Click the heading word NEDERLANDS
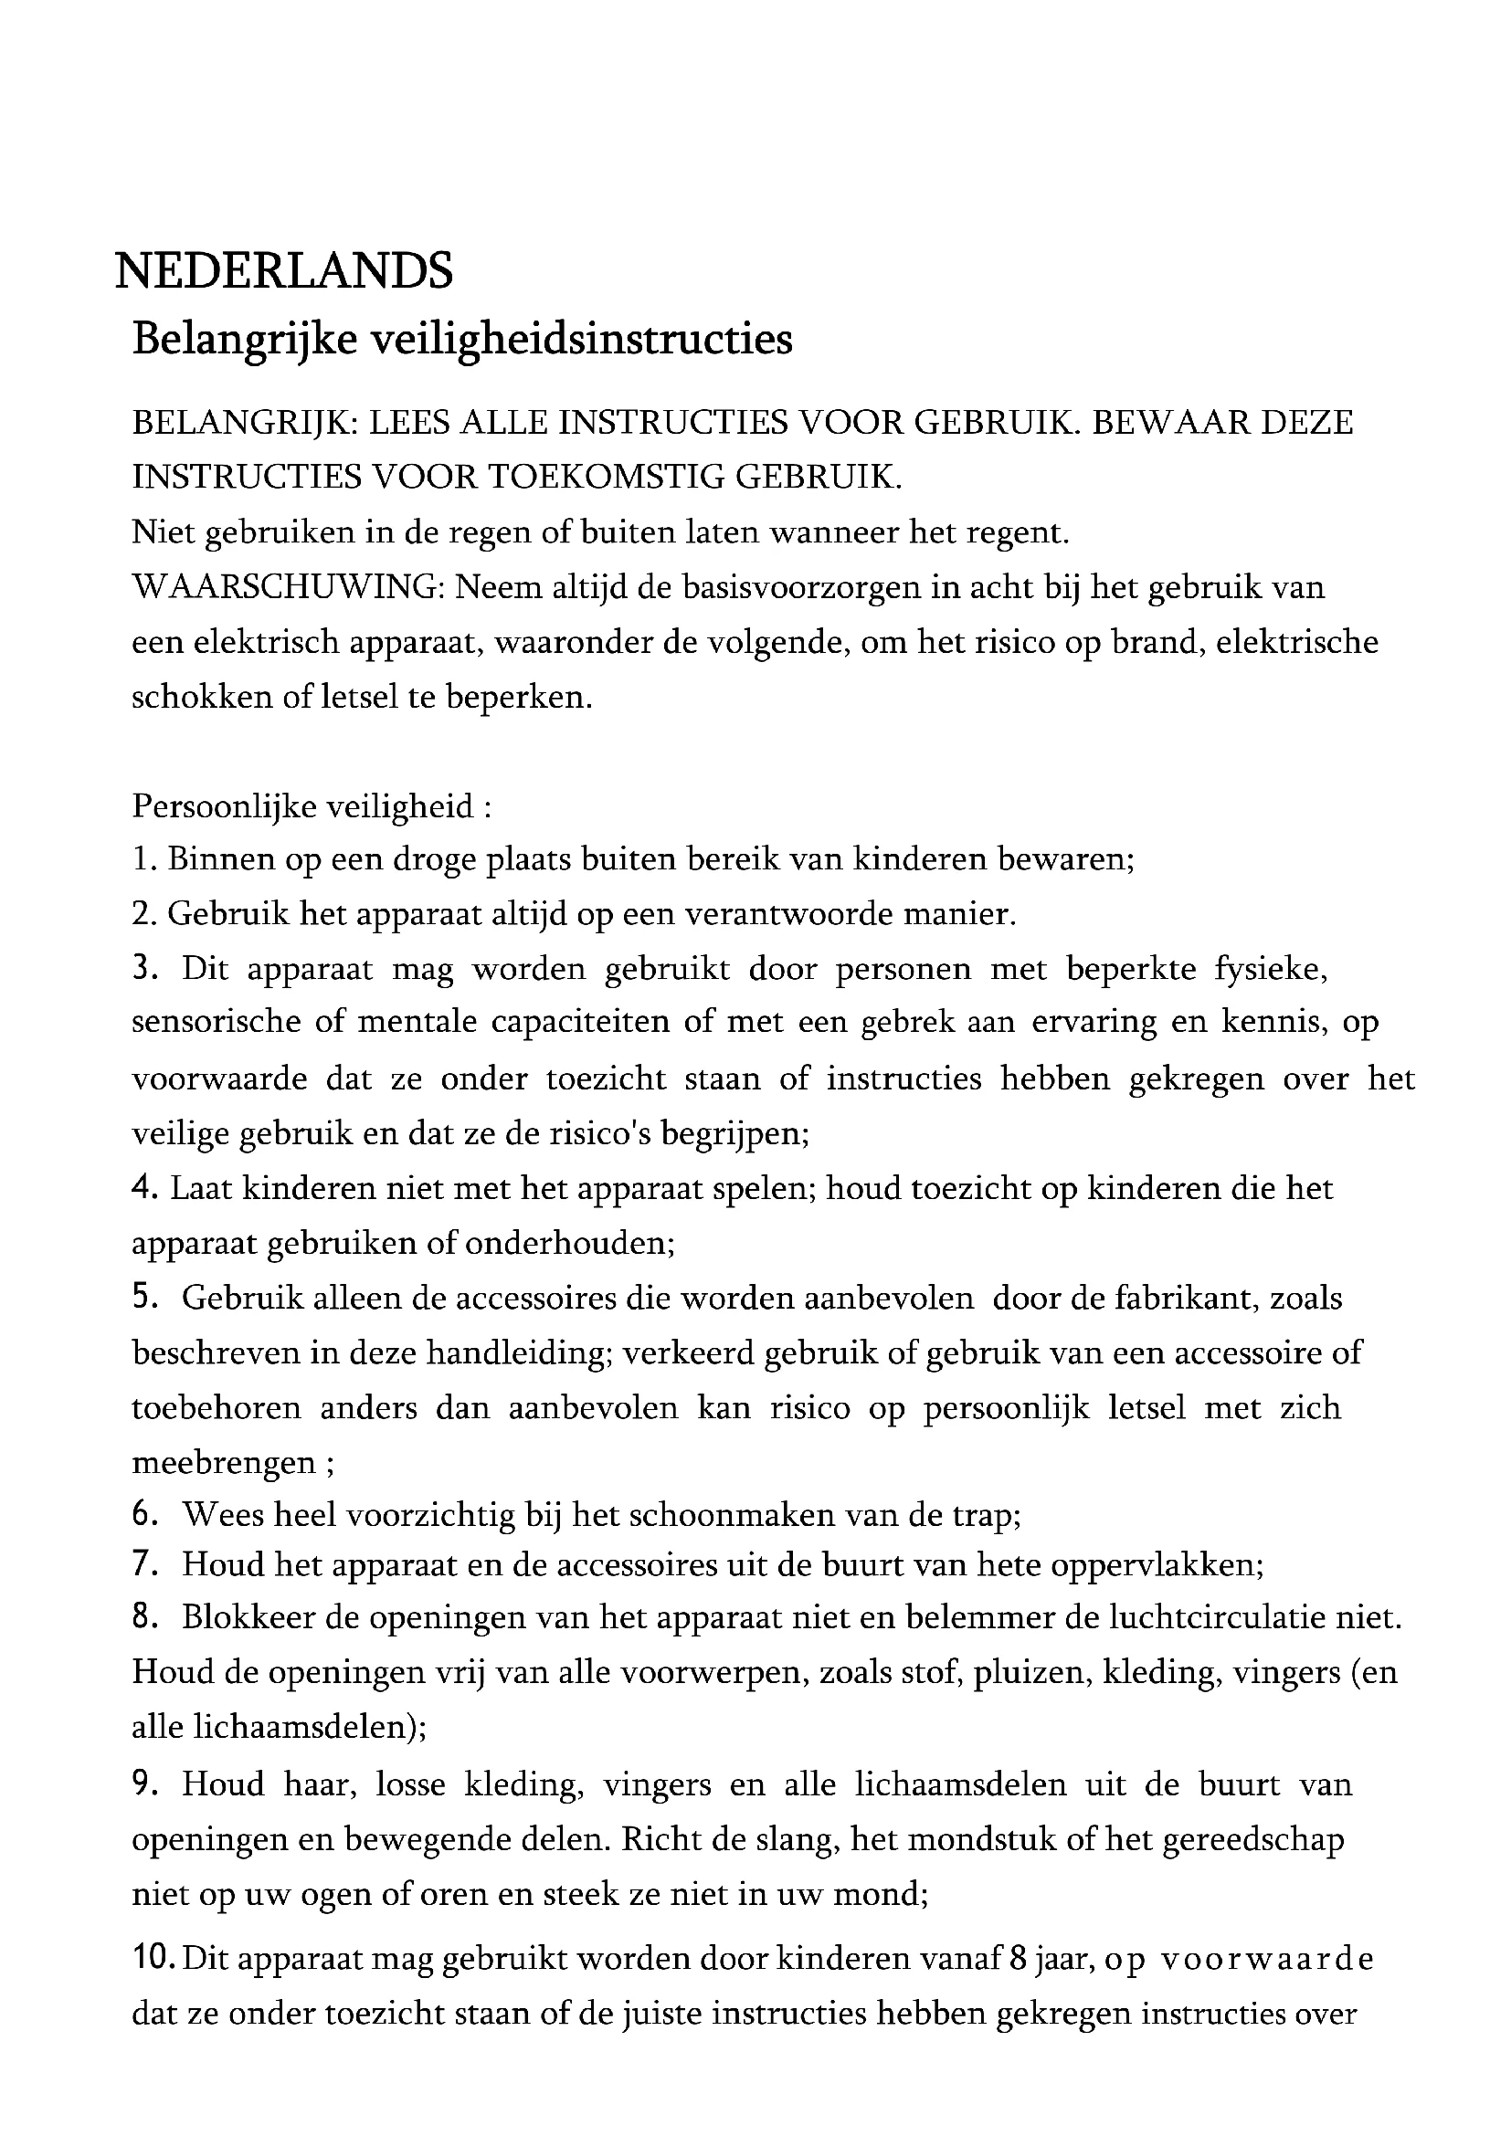coord(284,270)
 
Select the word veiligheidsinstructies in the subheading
coord(582,339)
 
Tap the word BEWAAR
coord(1170,424)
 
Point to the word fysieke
coord(1270,970)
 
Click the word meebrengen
coord(224,1463)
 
